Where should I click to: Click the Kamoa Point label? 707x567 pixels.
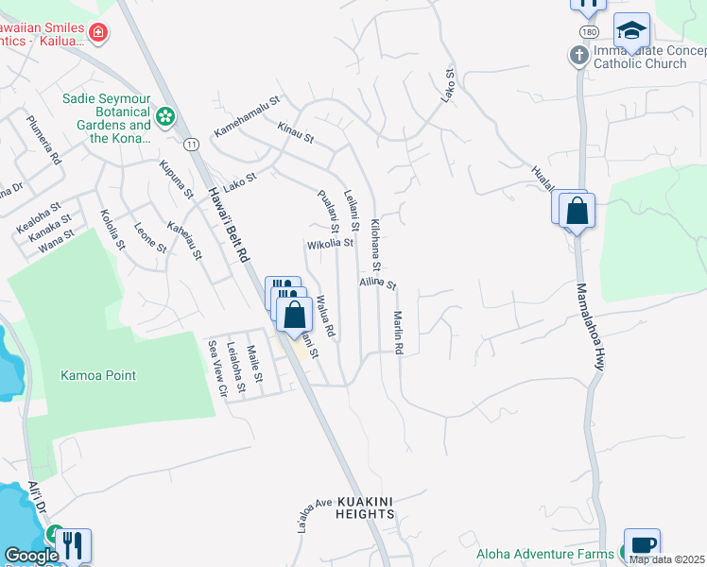point(97,375)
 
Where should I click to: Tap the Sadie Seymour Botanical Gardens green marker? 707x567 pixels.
point(166,117)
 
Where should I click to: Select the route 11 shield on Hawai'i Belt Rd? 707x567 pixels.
point(192,144)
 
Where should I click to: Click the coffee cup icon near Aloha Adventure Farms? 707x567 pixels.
point(642,545)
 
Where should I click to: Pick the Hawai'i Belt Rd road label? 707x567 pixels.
point(227,222)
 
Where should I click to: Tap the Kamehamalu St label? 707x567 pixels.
point(248,115)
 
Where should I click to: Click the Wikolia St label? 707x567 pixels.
point(330,243)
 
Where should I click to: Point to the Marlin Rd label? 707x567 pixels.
point(399,334)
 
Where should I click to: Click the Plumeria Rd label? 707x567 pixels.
point(43,140)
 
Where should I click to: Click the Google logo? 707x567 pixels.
point(31,556)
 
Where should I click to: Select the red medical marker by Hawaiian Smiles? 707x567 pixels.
point(98,35)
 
